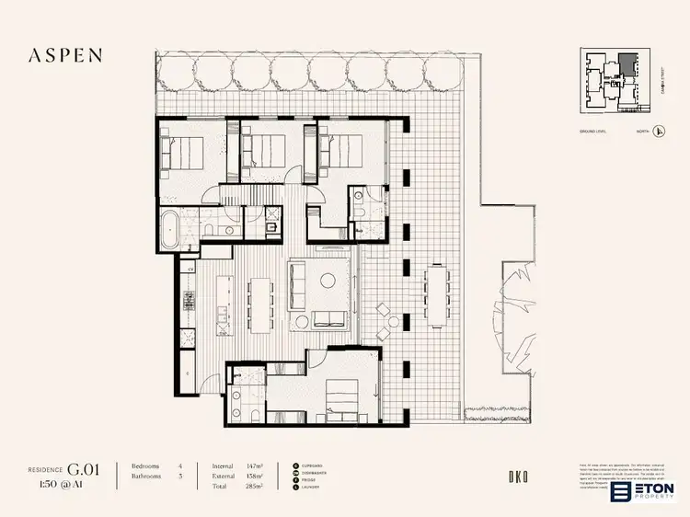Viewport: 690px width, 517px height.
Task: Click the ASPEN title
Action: (64, 54)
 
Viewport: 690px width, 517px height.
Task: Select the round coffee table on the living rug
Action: (326, 281)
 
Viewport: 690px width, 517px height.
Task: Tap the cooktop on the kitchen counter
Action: (190, 299)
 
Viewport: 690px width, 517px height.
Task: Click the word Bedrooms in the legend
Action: (146, 466)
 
